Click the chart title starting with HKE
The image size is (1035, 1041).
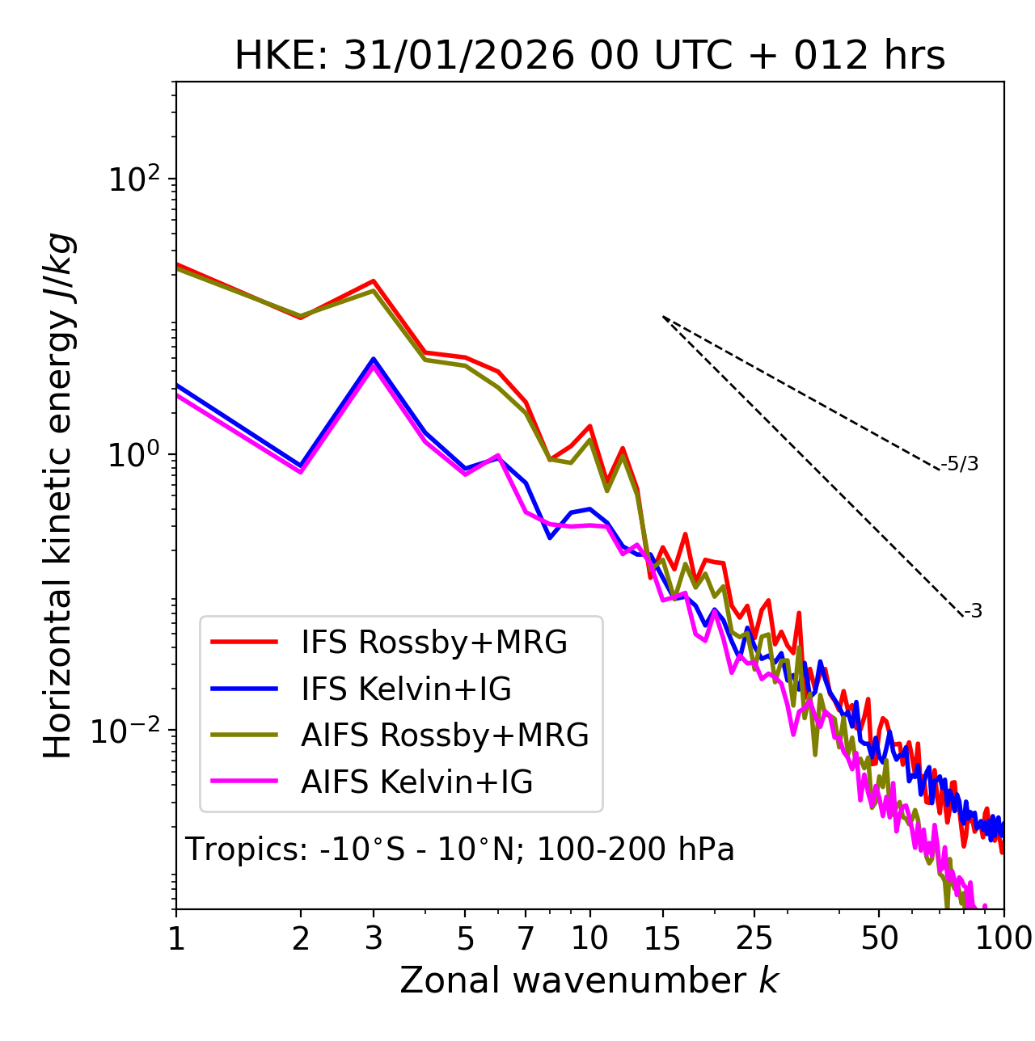589,56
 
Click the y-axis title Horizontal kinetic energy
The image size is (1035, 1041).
59,495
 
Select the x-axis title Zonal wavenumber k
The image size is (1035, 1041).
589,980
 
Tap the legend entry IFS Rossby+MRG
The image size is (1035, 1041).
433,642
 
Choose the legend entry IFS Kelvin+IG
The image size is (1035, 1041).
406,689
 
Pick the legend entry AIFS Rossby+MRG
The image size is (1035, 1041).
445,735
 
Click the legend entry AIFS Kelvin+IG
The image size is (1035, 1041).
416,782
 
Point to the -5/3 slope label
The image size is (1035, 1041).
960,464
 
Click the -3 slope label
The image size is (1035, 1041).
973,612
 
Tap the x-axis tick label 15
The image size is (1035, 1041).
662,938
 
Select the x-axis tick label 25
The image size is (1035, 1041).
754,938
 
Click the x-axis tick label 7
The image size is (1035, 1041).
526,938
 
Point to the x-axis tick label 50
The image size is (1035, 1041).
879,938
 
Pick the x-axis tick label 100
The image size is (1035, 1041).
1003,938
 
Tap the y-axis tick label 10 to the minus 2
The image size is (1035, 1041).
129,731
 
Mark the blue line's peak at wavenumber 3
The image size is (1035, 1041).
374,359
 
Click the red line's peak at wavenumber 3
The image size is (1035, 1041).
374,280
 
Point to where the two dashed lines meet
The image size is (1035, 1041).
663,317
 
